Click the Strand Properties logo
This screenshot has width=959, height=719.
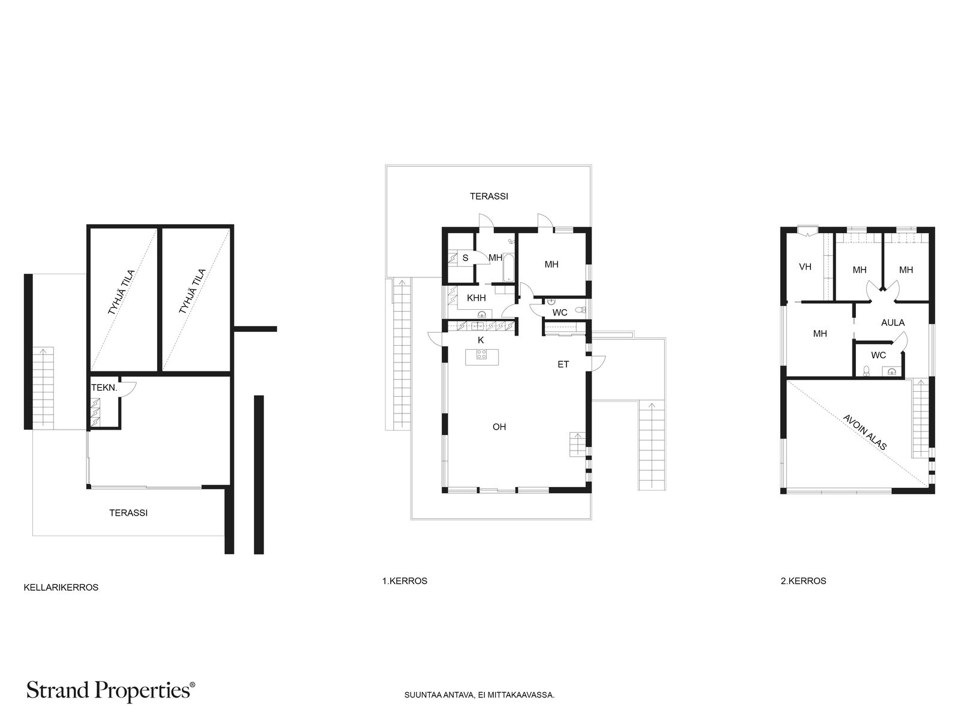click(110, 691)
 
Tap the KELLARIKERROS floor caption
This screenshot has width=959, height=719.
click(61, 588)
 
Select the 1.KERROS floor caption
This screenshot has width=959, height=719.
click(405, 581)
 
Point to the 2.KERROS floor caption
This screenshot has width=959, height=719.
click(804, 581)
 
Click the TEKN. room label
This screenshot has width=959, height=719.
click(104, 388)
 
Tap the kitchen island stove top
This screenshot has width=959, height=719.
click(481, 355)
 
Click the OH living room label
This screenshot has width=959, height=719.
click(499, 427)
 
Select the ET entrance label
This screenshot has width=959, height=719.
click(563, 364)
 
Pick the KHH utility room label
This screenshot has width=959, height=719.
click(477, 298)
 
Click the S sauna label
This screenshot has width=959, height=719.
click(465, 258)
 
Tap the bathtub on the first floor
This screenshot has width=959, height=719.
click(508, 267)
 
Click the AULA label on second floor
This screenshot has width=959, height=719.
click(892, 322)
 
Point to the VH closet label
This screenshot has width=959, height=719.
click(805, 266)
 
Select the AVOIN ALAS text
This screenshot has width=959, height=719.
click(865, 432)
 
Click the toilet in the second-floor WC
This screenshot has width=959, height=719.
click(866, 371)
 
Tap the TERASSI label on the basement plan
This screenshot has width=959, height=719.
click(128, 513)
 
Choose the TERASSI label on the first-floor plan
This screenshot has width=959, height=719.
click(489, 197)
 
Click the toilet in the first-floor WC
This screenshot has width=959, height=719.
click(580, 310)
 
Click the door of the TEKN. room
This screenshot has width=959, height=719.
click(128, 389)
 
